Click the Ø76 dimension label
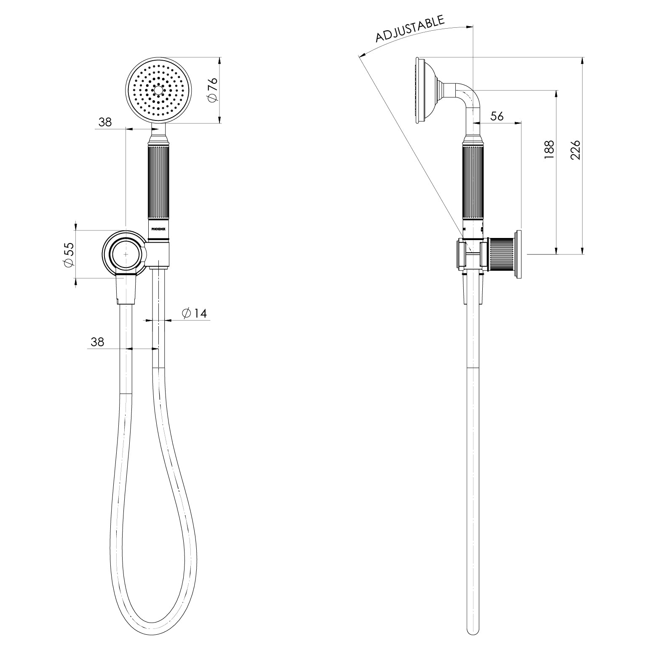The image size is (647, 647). [212, 89]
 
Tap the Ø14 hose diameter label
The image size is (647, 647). [195, 313]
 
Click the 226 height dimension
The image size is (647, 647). [576, 150]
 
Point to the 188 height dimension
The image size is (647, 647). [549, 150]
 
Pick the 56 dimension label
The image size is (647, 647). [497, 116]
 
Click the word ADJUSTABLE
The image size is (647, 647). [410, 29]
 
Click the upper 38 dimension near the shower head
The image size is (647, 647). [105, 122]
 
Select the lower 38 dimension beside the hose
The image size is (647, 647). [97, 342]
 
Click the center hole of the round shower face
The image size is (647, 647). [159, 90]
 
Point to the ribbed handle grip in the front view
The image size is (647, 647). [159, 181]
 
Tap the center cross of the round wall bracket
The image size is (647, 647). [126, 254]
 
